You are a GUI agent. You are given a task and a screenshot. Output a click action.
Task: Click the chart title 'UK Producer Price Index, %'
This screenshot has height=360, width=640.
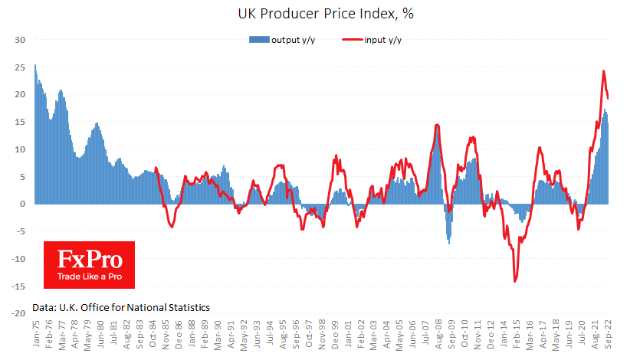click(x=320, y=13)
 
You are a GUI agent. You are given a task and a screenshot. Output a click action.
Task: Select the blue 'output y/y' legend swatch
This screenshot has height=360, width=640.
click(x=259, y=40)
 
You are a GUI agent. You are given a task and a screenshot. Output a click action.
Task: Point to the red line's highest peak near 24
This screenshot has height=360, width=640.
click(x=604, y=71)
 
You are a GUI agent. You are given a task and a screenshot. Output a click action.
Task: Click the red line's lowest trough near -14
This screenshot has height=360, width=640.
click(x=515, y=281)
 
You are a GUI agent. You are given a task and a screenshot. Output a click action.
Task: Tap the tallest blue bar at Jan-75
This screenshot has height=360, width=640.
click(x=35, y=65)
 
